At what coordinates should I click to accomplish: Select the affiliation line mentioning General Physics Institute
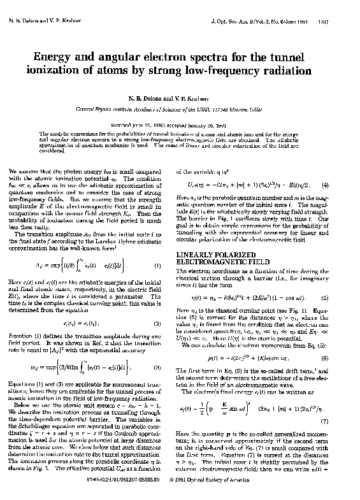tap(180, 109)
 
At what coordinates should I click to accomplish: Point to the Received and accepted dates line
tap(180, 127)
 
